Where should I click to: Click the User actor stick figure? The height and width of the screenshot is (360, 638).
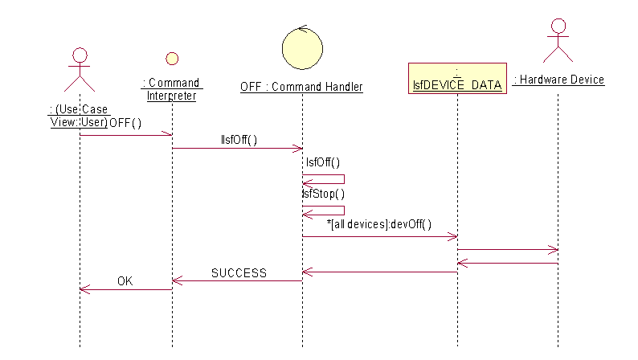pyautogui.click(x=80, y=71)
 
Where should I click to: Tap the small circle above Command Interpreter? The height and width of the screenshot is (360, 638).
pyautogui.click(x=171, y=59)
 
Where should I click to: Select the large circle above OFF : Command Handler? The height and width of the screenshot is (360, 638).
pyautogui.click(x=302, y=47)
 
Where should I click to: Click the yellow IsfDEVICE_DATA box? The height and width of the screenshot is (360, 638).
pyautogui.click(x=457, y=79)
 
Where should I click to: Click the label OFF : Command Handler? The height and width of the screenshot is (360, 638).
pyautogui.click(x=301, y=87)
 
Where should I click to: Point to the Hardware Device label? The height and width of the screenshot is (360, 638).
pyautogui.click(x=559, y=80)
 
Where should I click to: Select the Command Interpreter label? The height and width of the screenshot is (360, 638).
pyautogui.click(x=171, y=89)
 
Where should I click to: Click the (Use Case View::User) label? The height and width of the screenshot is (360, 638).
pyautogui.click(x=78, y=116)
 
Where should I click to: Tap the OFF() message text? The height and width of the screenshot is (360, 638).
pyautogui.click(x=125, y=123)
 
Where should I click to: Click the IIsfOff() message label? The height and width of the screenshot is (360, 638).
pyautogui.click(x=239, y=140)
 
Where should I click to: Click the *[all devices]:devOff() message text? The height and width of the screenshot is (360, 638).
pyautogui.click(x=379, y=224)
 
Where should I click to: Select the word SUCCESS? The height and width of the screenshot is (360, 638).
pyautogui.click(x=239, y=273)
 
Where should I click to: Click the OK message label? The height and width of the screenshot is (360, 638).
pyautogui.click(x=125, y=281)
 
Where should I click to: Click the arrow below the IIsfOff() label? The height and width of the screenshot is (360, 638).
pyautogui.click(x=237, y=148)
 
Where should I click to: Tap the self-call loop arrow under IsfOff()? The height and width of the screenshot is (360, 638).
pyautogui.click(x=325, y=179)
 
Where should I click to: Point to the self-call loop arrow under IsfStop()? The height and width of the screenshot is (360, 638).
pyautogui.click(x=325, y=210)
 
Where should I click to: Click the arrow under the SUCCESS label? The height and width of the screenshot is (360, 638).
pyautogui.click(x=237, y=280)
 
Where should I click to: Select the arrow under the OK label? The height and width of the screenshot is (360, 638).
pyautogui.click(x=125, y=289)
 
